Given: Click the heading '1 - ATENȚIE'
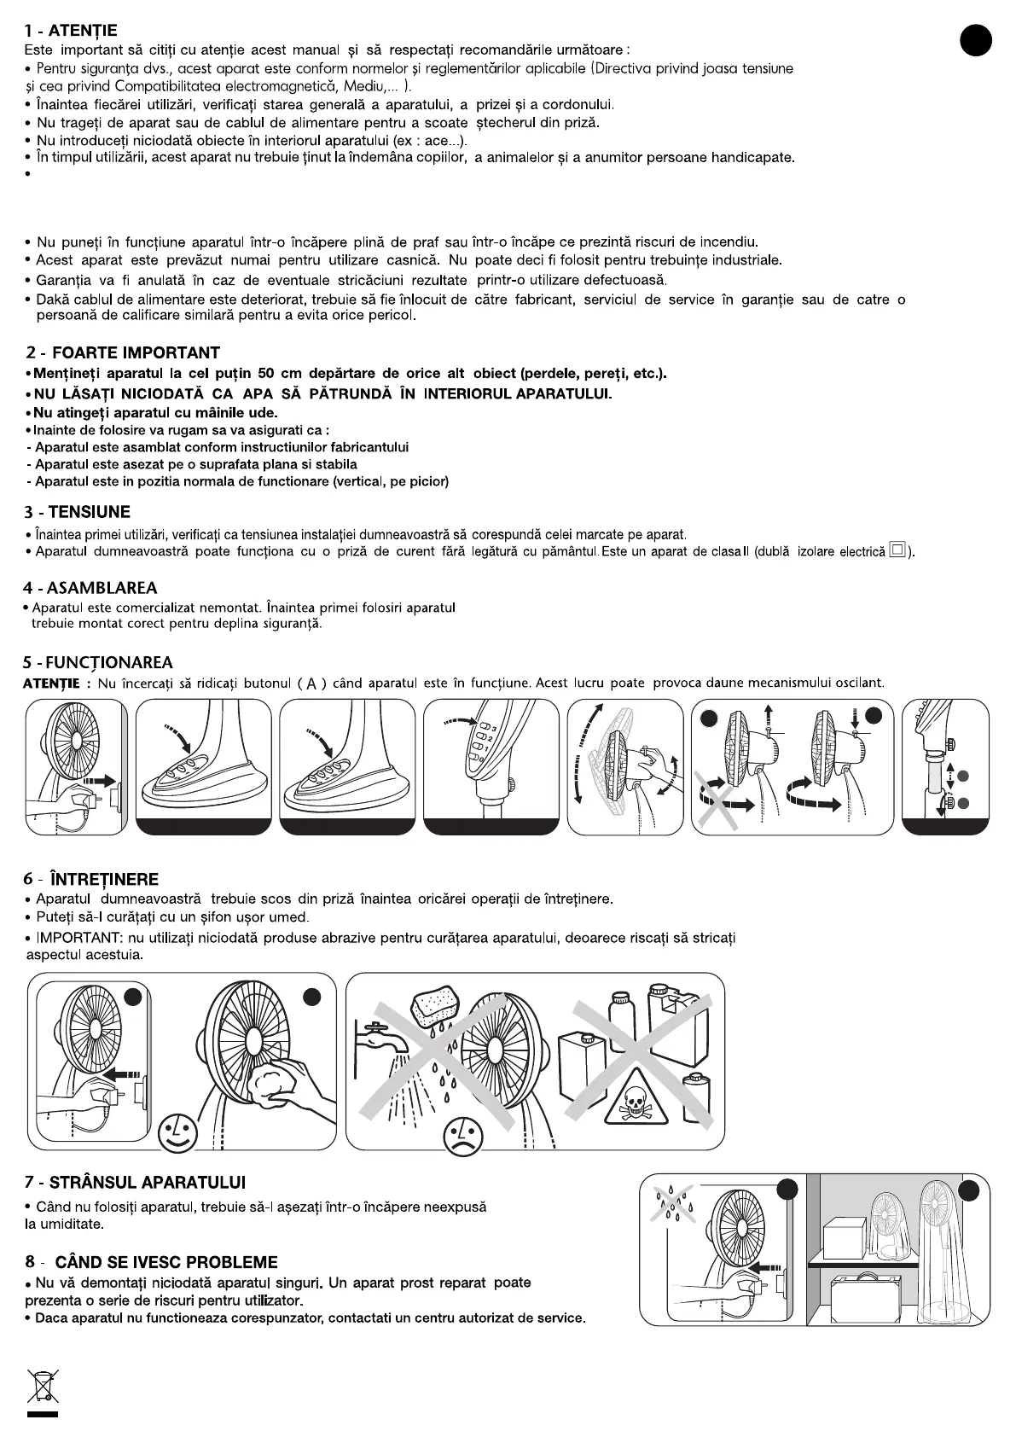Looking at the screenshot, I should (72, 32).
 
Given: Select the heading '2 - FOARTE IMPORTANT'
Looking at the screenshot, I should (123, 353).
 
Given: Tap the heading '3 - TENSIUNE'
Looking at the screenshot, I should (78, 513).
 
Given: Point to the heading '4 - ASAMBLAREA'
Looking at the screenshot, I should (91, 588).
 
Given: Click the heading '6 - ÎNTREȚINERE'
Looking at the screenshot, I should (91, 880).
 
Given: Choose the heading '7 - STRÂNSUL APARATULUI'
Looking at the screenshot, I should (135, 1183).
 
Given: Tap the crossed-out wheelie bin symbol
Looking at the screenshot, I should (43, 1386).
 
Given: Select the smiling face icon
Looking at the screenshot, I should (177, 1132).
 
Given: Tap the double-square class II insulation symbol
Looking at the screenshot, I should (897, 550).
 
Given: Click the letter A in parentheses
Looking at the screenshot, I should (312, 684).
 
